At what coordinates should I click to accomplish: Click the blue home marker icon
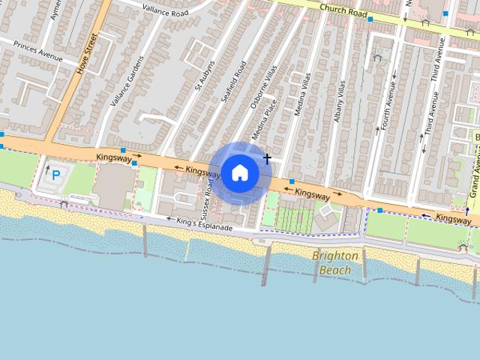point(239,172)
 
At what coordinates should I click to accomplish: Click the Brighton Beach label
point(335,262)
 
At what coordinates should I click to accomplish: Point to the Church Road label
point(343,10)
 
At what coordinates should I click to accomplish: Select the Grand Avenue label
point(474,175)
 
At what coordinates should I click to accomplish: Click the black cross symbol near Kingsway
point(267,158)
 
